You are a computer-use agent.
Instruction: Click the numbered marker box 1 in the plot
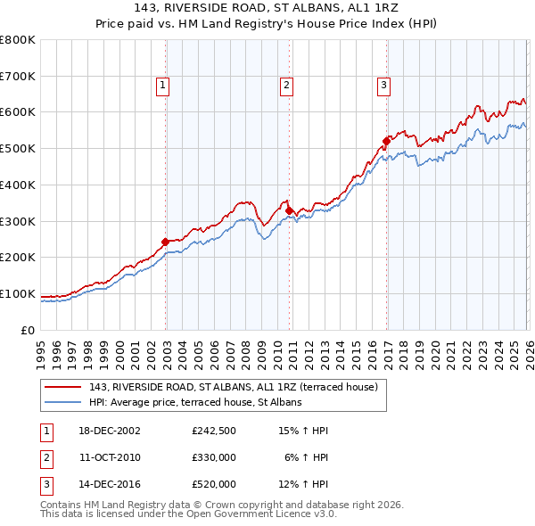(x=164, y=86)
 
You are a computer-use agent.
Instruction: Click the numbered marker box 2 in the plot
(x=286, y=86)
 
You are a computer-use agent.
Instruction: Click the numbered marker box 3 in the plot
(x=383, y=86)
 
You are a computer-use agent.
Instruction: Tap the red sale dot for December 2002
(x=165, y=241)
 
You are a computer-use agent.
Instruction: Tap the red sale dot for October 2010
(x=289, y=210)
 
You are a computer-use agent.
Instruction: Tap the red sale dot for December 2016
(x=386, y=140)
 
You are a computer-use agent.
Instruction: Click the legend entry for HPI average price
(x=195, y=402)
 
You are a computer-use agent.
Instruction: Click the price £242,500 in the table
(x=213, y=431)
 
